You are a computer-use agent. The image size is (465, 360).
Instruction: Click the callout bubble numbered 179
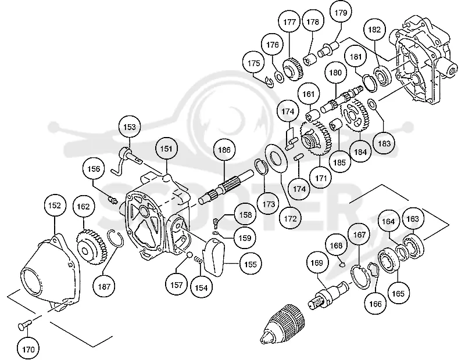[341, 13]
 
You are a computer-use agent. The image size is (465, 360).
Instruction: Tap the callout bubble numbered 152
[55, 206]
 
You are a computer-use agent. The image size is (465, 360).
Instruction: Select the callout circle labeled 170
[28, 349]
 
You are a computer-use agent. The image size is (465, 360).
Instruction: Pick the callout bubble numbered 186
[224, 150]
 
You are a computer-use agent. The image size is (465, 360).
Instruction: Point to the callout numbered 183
[384, 143]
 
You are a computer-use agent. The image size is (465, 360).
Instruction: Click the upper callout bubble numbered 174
[288, 111]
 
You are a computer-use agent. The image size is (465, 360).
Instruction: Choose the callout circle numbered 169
[317, 262]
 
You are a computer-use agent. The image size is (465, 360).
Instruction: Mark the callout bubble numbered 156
[94, 169]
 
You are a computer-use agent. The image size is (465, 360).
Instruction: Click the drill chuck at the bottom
[282, 324]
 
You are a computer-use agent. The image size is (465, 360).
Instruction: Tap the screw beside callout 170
[24, 324]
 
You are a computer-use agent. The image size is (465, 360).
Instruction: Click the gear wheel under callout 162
[91, 247]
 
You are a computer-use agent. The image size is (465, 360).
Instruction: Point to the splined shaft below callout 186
[226, 186]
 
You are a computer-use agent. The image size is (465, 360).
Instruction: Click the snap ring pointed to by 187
[117, 238]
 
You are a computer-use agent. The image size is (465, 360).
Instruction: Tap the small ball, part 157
[189, 255]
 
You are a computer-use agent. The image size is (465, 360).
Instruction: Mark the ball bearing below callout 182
[382, 76]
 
